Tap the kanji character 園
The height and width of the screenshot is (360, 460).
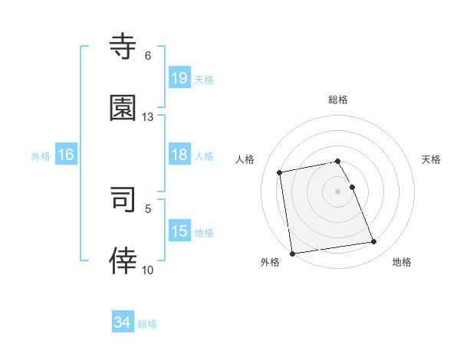tap(123, 108)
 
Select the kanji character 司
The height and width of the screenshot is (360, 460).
tap(123, 199)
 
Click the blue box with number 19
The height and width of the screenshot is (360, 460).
tap(179, 77)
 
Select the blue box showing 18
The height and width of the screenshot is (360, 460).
tap(179, 155)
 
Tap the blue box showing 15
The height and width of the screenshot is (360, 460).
tap(179, 231)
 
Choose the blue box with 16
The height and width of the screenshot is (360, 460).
tap(66, 155)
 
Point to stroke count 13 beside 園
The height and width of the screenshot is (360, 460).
tap(148, 117)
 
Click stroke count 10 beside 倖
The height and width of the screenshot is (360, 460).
tap(148, 270)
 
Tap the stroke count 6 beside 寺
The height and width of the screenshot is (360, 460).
tap(148, 56)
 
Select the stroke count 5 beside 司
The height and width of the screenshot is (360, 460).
tap(148, 208)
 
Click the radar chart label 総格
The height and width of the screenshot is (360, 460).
tap(338, 100)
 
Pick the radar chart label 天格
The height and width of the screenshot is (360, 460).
tap(432, 159)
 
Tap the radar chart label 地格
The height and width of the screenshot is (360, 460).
tap(402, 262)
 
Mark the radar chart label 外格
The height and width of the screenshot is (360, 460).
tap(270, 262)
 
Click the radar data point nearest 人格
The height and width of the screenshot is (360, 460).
tap(280, 172)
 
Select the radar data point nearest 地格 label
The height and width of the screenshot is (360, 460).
tap(374, 242)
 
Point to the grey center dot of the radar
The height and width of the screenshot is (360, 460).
tap(338, 191)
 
